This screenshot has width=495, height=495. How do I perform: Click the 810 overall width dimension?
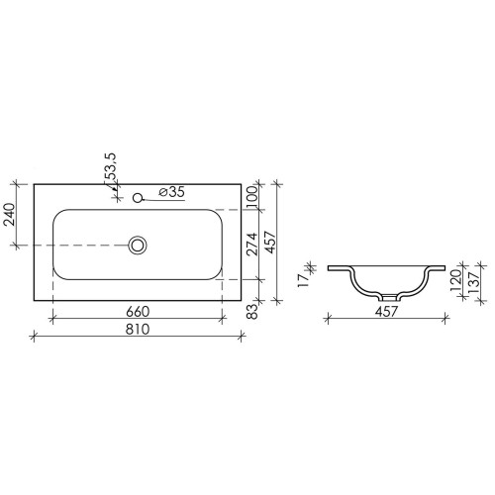(138, 329)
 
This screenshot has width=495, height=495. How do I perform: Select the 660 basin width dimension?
(138, 311)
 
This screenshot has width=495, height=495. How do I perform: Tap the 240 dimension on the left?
(10, 214)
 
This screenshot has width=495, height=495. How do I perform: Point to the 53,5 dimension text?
(111, 167)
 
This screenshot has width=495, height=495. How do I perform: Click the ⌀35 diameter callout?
(171, 192)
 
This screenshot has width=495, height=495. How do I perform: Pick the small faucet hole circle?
(138, 198)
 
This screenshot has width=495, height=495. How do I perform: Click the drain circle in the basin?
(138, 246)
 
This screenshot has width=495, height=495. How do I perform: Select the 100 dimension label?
(251, 197)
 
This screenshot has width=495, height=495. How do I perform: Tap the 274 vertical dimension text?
(252, 245)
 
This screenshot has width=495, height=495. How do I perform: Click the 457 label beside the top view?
(270, 243)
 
